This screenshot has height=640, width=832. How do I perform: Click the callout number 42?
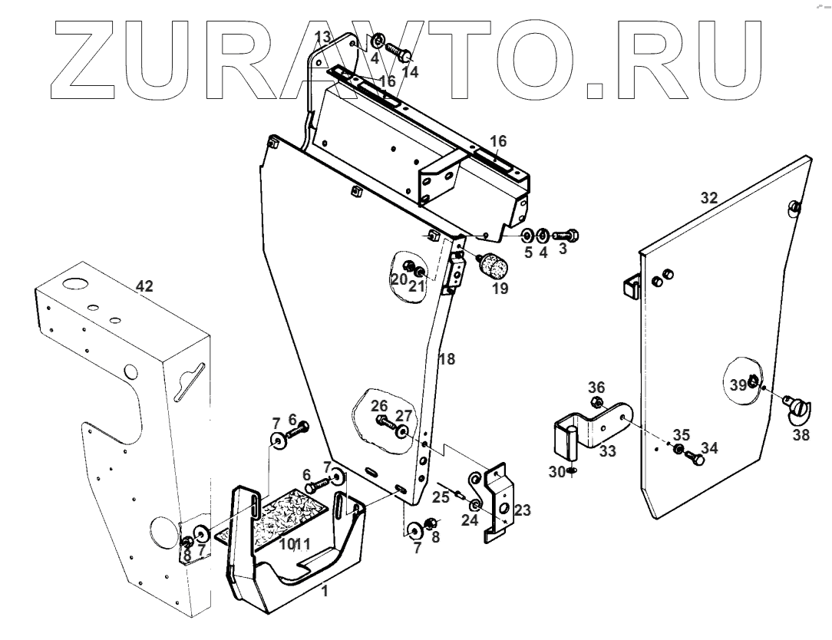pos(144,286)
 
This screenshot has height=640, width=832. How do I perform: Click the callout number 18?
pos(447,358)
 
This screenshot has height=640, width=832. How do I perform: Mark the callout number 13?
pos(322,37)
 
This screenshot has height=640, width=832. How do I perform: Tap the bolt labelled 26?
pos(385,421)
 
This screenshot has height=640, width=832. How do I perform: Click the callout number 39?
pos(738,386)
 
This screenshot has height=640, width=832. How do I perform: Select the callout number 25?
pos(440,497)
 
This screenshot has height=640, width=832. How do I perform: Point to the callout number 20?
pos(398,280)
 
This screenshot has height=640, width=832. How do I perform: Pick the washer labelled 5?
pos(529,234)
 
